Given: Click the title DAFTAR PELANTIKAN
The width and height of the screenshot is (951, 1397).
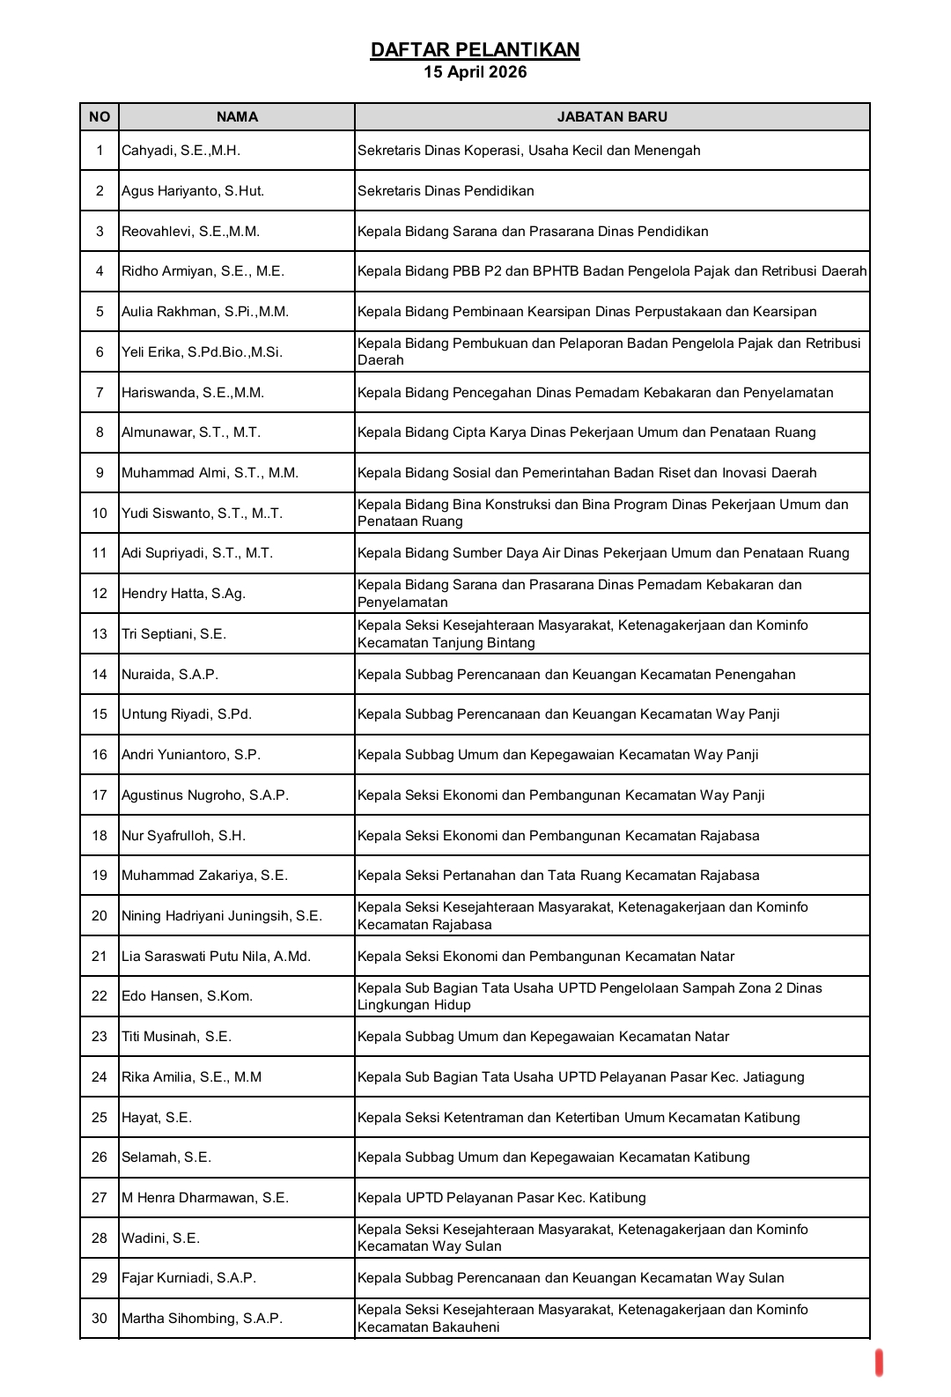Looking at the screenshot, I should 475,49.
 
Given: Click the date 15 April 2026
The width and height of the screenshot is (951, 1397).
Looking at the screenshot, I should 475,72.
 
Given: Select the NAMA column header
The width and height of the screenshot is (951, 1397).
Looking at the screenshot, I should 237,117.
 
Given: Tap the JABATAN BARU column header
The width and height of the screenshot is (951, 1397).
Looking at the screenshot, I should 612,117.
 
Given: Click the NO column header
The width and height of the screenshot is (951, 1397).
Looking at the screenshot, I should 100,117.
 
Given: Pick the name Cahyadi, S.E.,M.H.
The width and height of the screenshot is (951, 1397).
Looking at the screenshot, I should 181,151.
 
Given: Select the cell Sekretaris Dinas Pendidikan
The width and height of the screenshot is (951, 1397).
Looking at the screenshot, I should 446,191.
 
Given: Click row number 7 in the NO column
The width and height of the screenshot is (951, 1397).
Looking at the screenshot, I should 100,393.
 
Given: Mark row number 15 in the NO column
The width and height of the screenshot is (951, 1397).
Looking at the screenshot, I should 100,714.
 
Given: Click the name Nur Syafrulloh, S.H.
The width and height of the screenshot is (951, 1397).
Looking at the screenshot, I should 183,836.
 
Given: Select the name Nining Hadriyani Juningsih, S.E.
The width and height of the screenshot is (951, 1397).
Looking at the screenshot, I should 222,916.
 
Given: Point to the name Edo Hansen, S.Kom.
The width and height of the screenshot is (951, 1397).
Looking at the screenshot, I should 187,996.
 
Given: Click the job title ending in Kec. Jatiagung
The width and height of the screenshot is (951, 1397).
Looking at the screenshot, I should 580,1077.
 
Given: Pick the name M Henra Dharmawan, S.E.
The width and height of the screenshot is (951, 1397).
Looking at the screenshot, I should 205,1198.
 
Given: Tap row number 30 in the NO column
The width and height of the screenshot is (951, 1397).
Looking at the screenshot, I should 100,1319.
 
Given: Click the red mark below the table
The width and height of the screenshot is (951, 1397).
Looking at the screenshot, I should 879,1362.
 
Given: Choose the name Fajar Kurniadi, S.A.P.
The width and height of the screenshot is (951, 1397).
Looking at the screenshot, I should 188,1278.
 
